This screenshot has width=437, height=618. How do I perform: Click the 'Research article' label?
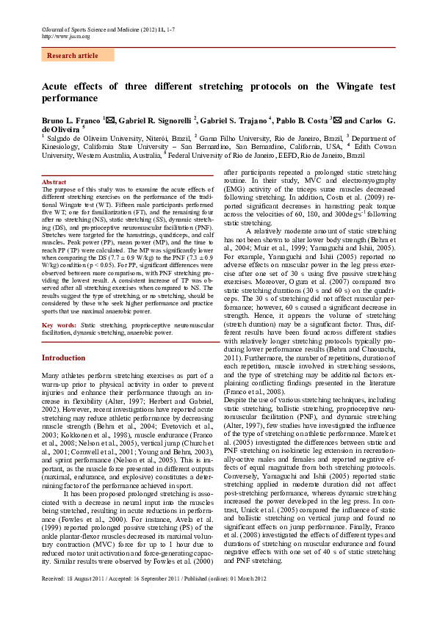click(72, 56)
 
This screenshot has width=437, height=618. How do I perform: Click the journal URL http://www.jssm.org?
click(66, 36)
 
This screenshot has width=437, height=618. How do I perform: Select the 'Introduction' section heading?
click(64, 357)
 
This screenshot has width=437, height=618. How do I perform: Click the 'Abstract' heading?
click(54, 181)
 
